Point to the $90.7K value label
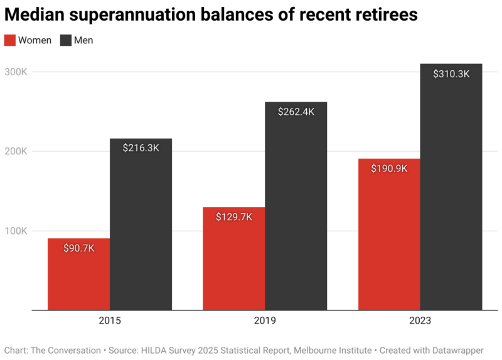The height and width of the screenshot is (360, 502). coord(79,248)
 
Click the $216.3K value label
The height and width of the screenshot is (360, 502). coord(141,149)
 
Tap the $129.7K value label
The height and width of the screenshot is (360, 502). coord(234,217)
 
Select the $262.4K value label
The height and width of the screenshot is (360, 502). coord(296,112)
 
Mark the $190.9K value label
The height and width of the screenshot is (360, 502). coord(389,169)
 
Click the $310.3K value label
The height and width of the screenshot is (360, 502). coord(451,74)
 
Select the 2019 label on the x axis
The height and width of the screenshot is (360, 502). coord(265,320)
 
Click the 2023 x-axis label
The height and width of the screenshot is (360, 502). coord(420,320)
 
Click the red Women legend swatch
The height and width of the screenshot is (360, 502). coord(10,40)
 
